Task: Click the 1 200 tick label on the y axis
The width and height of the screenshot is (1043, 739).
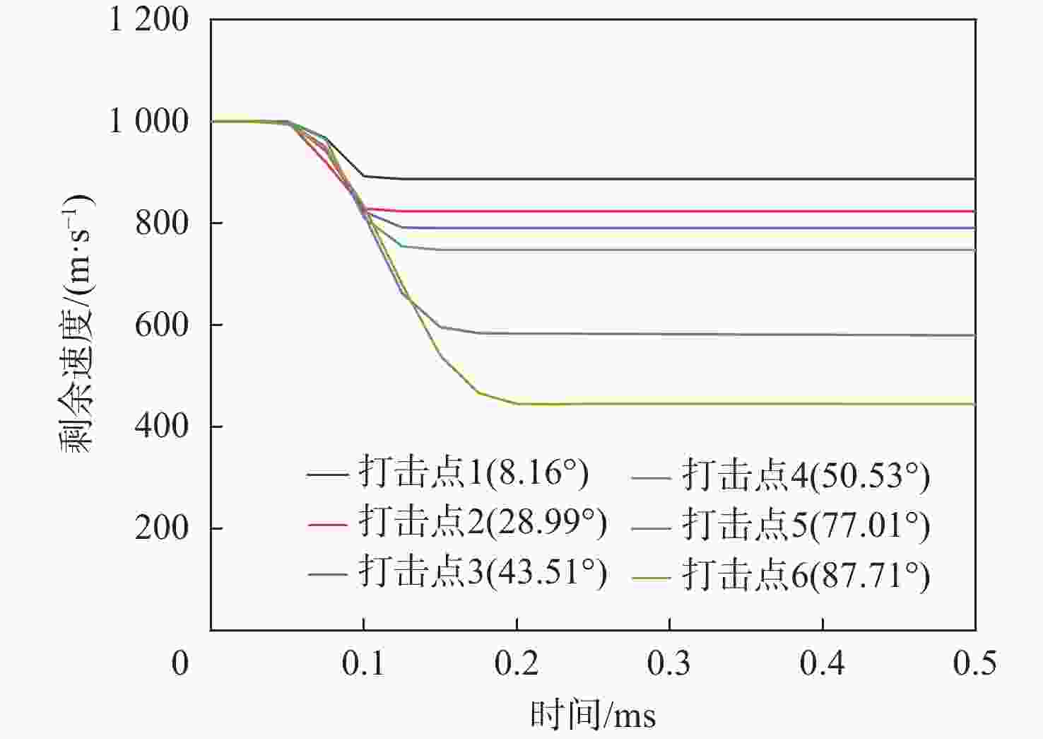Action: (x=148, y=19)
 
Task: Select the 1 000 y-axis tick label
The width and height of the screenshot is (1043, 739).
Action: (x=148, y=122)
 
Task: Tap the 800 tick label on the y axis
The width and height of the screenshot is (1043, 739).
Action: (x=162, y=223)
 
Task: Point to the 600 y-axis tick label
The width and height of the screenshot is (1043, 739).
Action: (x=162, y=325)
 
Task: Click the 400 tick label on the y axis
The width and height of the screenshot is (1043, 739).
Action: (x=162, y=426)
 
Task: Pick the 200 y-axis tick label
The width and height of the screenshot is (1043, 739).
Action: (x=162, y=528)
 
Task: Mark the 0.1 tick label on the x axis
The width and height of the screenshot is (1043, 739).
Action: (x=363, y=663)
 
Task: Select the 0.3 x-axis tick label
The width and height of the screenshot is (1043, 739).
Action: (x=669, y=663)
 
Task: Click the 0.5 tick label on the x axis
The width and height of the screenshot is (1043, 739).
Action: (x=974, y=663)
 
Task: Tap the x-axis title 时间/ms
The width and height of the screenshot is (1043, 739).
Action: (x=593, y=715)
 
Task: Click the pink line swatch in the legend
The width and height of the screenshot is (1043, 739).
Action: (x=327, y=525)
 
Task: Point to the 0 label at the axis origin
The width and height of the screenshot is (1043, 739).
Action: (x=180, y=663)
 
